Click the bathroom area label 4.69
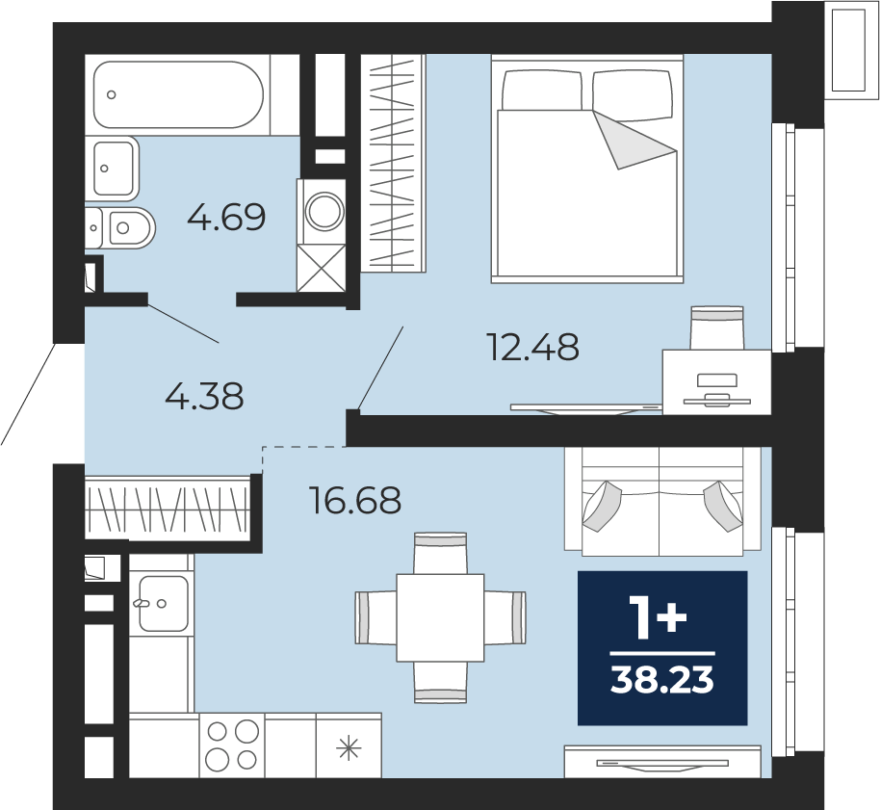point(226,218)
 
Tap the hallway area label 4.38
point(204,396)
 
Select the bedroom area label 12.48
point(534,347)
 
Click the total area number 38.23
point(662,680)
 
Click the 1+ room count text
point(659,617)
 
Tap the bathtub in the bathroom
point(178,94)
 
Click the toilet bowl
point(120,228)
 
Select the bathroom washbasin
point(113,168)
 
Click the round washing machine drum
point(324,211)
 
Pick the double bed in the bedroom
point(587,169)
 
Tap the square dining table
point(440,617)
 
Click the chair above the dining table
point(440,554)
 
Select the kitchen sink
point(164,604)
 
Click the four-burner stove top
point(232,745)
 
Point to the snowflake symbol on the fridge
point(349,748)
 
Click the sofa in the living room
point(662,502)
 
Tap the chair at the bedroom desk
point(717,328)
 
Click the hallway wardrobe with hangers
point(168,509)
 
